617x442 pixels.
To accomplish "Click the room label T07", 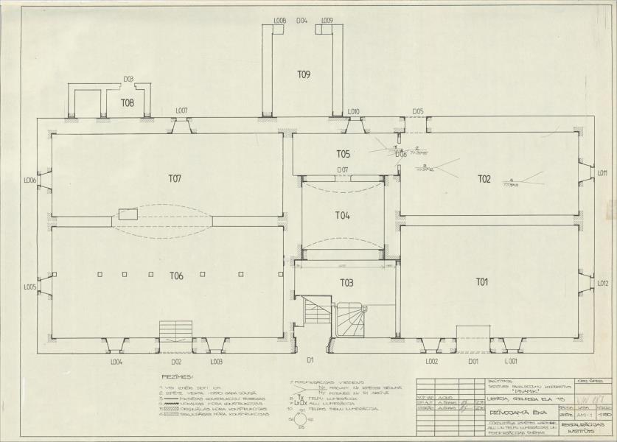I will click(175, 178).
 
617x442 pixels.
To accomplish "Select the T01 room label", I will click(482, 281).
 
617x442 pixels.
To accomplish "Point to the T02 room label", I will click(484, 179).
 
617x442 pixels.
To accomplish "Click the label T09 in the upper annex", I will click(304, 74).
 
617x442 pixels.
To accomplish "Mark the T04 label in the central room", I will click(342, 216).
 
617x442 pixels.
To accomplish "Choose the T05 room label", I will click(343, 154).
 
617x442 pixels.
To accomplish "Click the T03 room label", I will click(346, 283).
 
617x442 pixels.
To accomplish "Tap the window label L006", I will click(30, 180).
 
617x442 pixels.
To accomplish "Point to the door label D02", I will click(176, 362).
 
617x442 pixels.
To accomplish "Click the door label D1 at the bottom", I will click(311, 360).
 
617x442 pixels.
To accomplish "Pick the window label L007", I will click(181, 111).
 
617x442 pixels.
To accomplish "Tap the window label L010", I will click(353, 111).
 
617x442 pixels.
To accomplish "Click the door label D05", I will click(418, 111).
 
